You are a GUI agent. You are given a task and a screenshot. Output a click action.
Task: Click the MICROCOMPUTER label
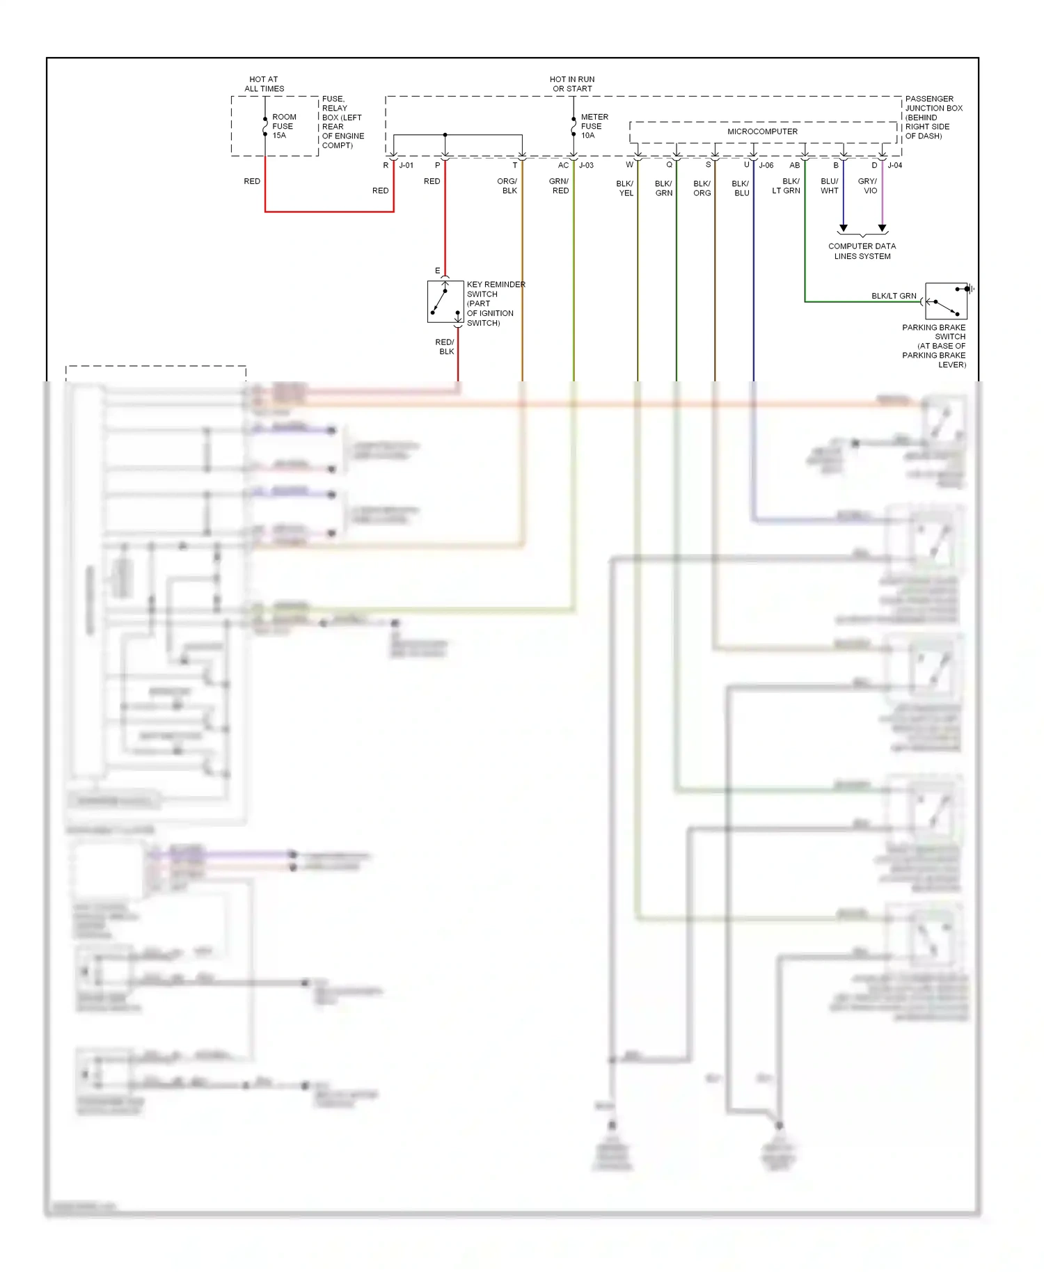pos(762,132)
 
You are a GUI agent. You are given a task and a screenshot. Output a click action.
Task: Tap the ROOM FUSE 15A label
pos(283,126)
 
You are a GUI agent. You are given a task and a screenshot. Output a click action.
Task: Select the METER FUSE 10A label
pos(594,126)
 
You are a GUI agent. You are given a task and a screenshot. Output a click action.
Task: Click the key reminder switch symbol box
pos(445,301)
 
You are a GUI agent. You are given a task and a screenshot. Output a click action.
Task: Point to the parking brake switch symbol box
pos(946,301)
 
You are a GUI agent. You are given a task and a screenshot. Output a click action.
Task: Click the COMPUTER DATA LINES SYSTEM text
pos(862,251)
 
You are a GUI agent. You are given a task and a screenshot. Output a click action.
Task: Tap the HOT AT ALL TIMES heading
pos(264,84)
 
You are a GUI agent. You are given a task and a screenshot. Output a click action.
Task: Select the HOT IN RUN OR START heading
pos(572,84)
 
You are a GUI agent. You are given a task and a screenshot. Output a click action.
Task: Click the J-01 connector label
pos(406,166)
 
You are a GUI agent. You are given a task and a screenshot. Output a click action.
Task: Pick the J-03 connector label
pos(586,166)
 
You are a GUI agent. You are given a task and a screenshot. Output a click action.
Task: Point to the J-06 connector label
pos(766,166)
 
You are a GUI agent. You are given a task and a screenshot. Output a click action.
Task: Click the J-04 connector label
pos(894,166)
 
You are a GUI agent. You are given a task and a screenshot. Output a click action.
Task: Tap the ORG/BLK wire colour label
pos(507,186)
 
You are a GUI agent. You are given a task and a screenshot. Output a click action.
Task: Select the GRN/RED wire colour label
pos(559,186)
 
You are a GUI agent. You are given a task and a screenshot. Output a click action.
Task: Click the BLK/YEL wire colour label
pos(625,189)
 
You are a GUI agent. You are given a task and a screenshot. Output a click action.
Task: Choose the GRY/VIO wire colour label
pos(868,186)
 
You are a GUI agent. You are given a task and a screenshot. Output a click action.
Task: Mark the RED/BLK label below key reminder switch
pos(445,347)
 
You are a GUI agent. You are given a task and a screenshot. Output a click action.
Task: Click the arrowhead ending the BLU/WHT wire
pos(843,228)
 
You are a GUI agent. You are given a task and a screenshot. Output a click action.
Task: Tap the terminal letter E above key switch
pos(437,271)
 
